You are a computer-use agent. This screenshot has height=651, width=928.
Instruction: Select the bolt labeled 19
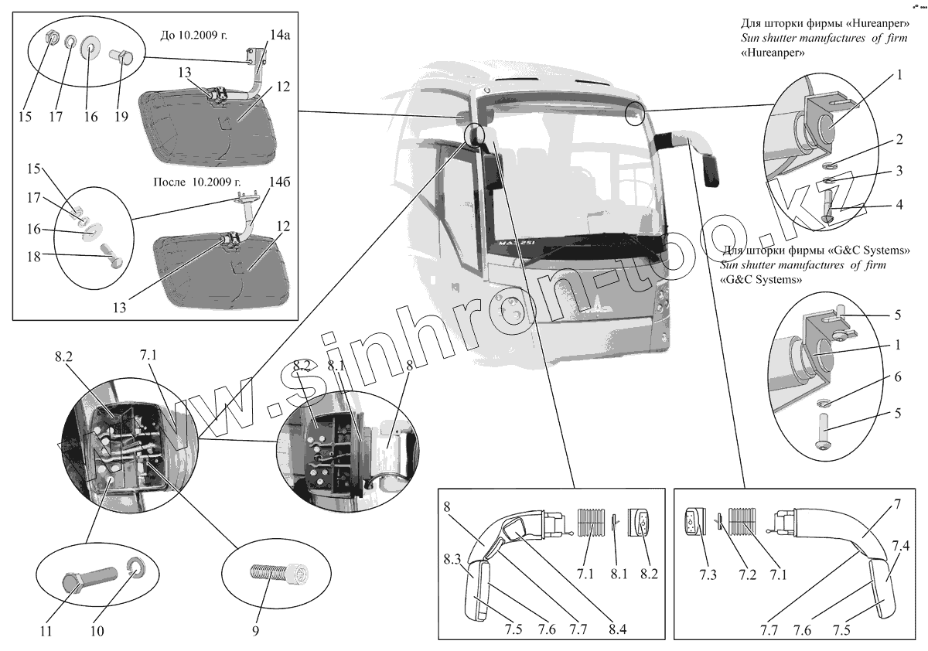click(124, 58)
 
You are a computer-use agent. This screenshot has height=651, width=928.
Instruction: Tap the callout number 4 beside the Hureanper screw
click(899, 206)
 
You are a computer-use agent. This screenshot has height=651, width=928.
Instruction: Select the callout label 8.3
click(454, 558)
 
